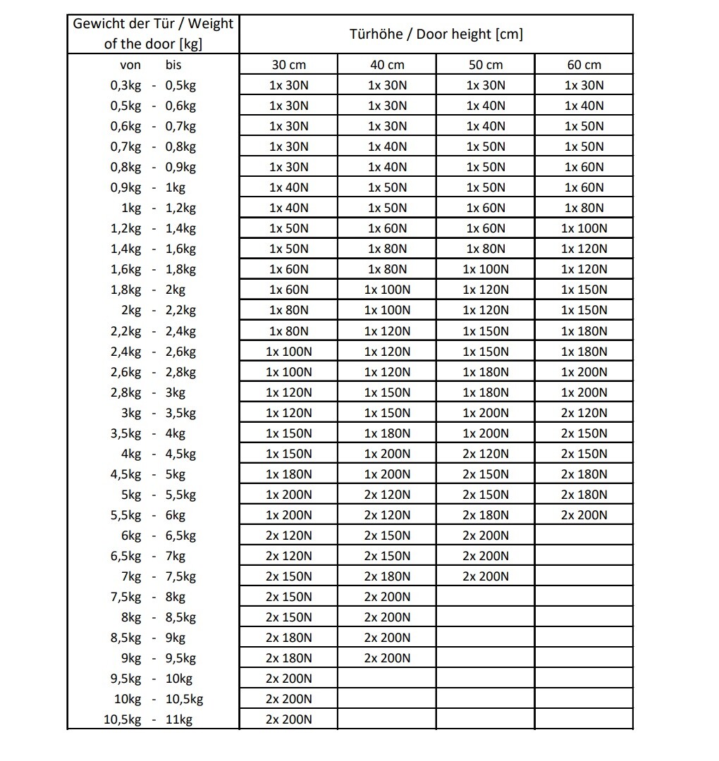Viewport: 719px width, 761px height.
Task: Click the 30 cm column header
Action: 288,65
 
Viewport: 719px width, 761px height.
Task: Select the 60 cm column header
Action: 584,65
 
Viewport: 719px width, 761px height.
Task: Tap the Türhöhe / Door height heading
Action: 436,34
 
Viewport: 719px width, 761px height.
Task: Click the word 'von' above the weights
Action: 130,65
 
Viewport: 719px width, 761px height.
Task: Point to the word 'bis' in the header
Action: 173,65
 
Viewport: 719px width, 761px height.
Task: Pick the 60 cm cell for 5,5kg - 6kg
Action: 584,515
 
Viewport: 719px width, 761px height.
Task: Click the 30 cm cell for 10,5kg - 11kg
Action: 288,719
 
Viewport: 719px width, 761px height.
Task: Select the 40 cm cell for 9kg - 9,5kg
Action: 387,658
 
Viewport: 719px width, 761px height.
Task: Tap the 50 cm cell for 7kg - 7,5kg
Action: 485,576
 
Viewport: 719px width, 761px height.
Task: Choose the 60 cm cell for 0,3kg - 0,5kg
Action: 584,85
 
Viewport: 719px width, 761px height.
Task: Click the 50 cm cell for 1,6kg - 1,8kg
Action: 485,269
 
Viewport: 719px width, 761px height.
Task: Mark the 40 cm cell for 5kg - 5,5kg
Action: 387,495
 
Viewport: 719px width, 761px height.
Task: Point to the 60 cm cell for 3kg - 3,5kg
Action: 584,413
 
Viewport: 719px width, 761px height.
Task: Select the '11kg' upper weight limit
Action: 179,719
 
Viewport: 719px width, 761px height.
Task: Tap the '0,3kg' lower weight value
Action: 125,85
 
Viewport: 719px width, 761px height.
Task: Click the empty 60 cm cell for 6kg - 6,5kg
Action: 584,536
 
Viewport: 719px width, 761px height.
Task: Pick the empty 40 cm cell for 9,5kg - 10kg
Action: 387,679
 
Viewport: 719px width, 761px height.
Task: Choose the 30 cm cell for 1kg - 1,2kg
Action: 288,208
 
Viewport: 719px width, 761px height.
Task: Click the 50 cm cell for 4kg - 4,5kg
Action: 485,454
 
